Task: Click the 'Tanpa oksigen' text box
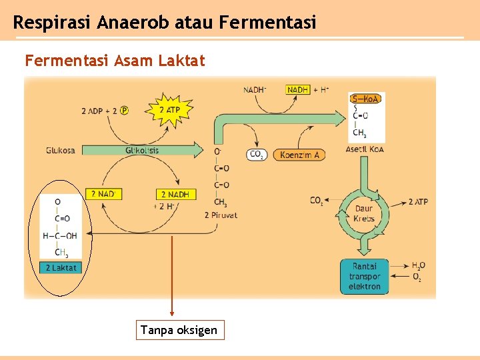pyautogui.click(x=179, y=330)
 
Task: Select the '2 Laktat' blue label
pyautogui.click(x=61, y=267)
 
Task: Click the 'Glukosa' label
pyautogui.click(x=60, y=151)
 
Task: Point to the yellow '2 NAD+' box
pyautogui.click(x=103, y=194)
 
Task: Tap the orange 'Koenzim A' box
pyautogui.click(x=300, y=155)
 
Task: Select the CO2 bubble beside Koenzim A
pyautogui.click(x=257, y=155)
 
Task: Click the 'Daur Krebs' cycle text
pyautogui.click(x=364, y=213)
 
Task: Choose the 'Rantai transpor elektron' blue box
pyautogui.click(x=364, y=277)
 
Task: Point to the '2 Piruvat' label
pyautogui.click(x=221, y=215)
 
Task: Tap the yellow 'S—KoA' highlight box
pyautogui.click(x=366, y=99)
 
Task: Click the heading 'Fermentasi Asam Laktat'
pyautogui.click(x=115, y=61)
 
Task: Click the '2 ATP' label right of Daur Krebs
pyautogui.click(x=418, y=201)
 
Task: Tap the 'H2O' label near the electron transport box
pyautogui.click(x=418, y=265)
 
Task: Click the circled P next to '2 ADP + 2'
pyautogui.click(x=124, y=111)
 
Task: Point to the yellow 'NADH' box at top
pyautogui.click(x=298, y=89)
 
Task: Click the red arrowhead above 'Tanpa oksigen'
pyautogui.click(x=172, y=313)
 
